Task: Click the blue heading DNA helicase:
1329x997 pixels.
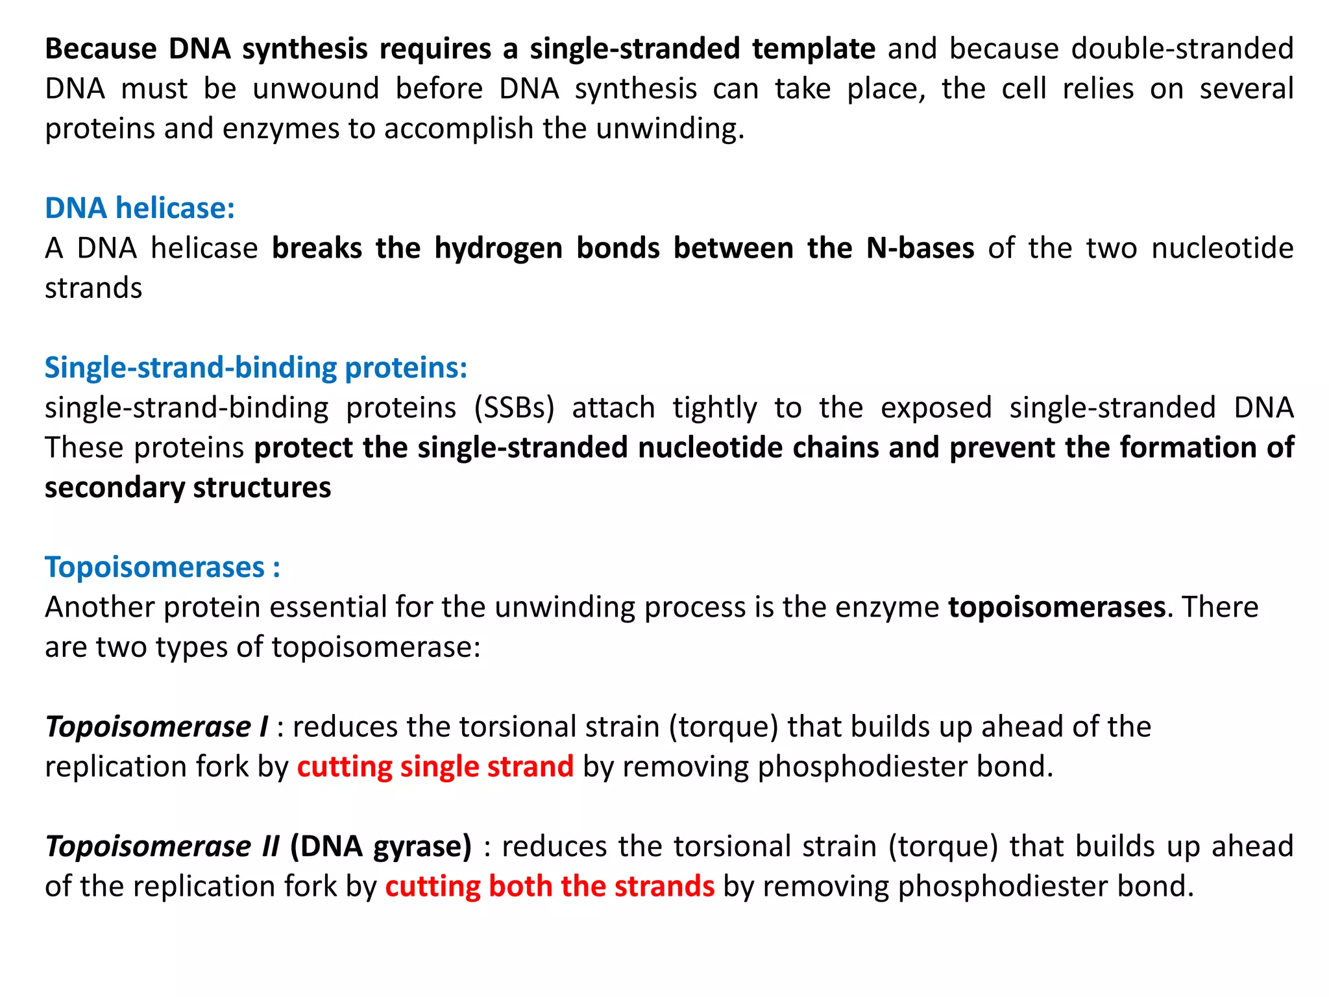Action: [140, 208]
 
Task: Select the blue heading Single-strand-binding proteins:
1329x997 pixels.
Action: [256, 368]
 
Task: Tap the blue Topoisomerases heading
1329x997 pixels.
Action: [162, 567]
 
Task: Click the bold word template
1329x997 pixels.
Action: [814, 49]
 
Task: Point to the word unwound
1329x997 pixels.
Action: [315, 89]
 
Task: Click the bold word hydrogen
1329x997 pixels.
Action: [498, 249]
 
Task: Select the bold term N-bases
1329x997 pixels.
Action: [920, 249]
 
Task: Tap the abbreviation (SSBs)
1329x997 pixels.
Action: [514, 408]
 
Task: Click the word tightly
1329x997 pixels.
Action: [714, 408]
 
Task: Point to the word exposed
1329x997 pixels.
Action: [936, 408]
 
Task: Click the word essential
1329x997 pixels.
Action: [327, 608]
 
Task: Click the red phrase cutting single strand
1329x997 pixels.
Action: [435, 767]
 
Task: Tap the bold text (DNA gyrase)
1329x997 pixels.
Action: [381, 846]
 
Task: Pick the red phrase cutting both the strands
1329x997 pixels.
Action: [550, 887]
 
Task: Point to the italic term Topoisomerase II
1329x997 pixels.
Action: [162, 846]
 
